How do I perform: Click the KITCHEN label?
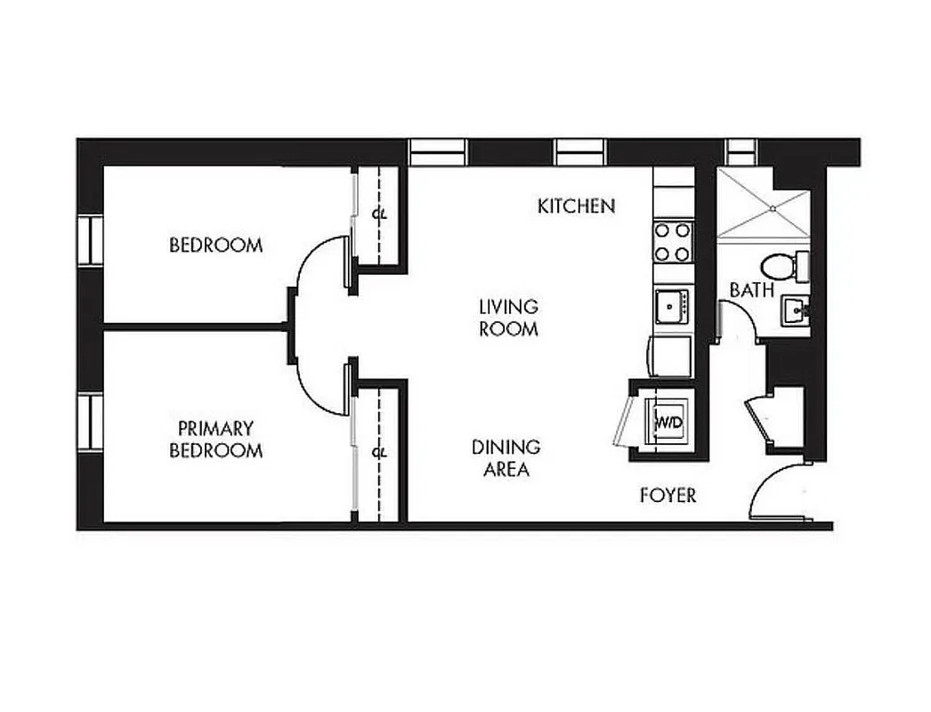click(x=576, y=206)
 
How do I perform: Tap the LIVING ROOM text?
click(x=508, y=318)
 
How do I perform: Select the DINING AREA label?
click(x=506, y=458)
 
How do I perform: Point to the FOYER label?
click(x=668, y=496)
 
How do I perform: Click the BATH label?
click(x=750, y=290)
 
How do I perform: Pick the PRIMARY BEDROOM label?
click(x=215, y=440)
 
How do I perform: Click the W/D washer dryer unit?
click(x=668, y=421)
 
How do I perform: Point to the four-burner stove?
click(x=673, y=241)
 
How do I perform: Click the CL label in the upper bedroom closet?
click(x=379, y=214)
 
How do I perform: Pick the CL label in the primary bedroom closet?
click(x=379, y=452)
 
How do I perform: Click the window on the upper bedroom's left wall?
click(x=90, y=239)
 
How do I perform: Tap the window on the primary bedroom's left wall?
click(x=90, y=424)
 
